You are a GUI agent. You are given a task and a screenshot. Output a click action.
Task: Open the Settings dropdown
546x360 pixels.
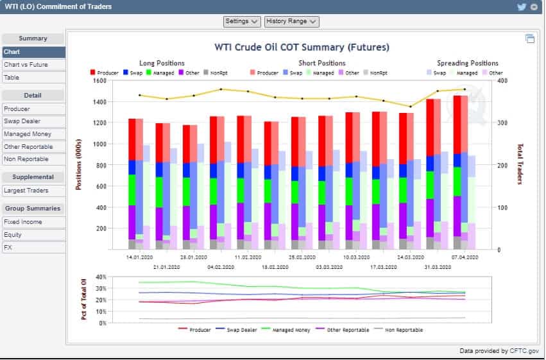(x=242, y=21)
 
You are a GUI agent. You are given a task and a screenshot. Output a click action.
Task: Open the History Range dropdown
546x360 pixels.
(x=291, y=21)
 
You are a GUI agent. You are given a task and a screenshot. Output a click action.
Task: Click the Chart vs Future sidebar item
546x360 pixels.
(x=26, y=65)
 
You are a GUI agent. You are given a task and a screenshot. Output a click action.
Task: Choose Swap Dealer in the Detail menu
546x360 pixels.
(x=21, y=121)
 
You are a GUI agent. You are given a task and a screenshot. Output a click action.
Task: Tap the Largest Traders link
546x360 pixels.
(x=25, y=191)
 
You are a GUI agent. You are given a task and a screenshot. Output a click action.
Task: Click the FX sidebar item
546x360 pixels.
(x=8, y=247)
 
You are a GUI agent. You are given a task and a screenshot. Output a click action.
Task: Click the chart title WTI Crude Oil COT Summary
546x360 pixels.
(x=302, y=47)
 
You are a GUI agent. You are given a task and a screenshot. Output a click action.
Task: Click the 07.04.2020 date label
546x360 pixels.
(x=462, y=256)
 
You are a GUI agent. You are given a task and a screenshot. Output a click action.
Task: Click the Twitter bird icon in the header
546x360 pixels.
(x=522, y=6)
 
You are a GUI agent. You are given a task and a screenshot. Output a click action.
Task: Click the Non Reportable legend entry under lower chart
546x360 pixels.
(x=404, y=330)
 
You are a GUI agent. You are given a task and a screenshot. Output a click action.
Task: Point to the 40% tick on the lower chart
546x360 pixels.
(x=101, y=277)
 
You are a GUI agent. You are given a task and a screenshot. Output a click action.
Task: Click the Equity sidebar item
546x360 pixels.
(x=13, y=234)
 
